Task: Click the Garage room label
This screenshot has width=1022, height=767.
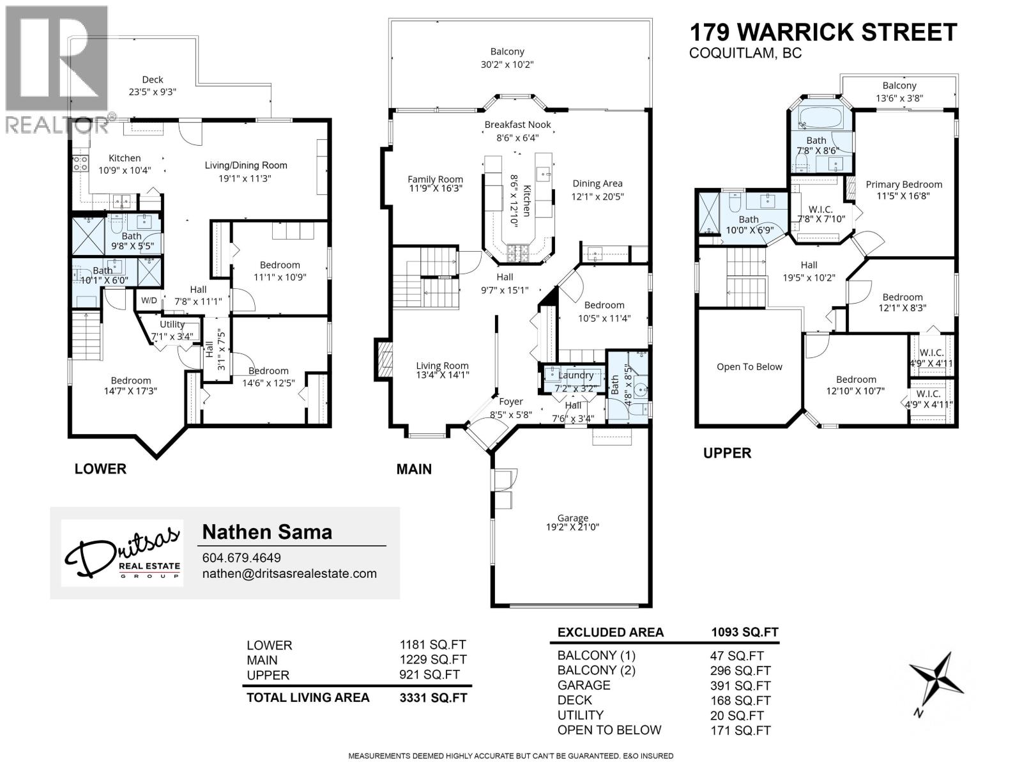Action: (x=572, y=522)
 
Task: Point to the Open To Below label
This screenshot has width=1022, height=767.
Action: (x=749, y=367)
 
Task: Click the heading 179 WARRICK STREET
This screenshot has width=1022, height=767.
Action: (x=823, y=32)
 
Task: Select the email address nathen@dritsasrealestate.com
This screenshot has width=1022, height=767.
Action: (x=289, y=573)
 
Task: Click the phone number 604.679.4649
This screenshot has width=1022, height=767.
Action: (x=241, y=557)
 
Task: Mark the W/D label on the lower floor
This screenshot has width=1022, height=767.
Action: (x=149, y=300)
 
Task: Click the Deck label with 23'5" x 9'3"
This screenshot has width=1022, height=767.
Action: (x=153, y=86)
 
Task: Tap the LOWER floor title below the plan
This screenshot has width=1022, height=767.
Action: (x=100, y=469)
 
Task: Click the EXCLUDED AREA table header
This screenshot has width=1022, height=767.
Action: (x=610, y=632)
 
